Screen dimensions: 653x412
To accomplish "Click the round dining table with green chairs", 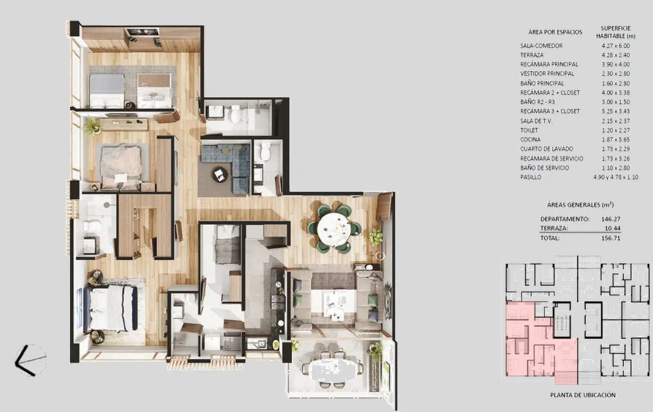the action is (x=334, y=227).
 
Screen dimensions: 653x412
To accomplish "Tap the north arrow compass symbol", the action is (x=31, y=360).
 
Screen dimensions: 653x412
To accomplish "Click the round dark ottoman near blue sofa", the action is (x=220, y=174).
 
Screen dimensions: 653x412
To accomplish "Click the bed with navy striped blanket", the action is (x=111, y=309).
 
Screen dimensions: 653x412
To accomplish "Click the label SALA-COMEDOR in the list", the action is (x=541, y=46).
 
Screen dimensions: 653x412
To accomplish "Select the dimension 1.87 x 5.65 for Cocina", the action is (x=615, y=140).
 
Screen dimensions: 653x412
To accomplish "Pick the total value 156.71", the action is (x=611, y=238).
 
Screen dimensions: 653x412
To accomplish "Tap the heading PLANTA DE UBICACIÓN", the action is (x=583, y=395).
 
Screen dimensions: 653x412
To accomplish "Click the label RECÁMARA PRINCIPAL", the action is (x=549, y=64).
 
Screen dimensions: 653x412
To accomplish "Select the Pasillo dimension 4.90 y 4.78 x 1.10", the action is (x=615, y=177).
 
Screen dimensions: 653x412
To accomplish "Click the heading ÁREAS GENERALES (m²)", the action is (x=580, y=205).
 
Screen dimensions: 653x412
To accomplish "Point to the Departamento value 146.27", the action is (x=611, y=219).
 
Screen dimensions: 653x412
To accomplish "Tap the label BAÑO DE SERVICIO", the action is (x=545, y=168).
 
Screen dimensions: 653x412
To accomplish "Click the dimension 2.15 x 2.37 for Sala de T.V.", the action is (x=615, y=121).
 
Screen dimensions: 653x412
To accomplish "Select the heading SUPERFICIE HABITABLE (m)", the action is (x=615, y=32).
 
